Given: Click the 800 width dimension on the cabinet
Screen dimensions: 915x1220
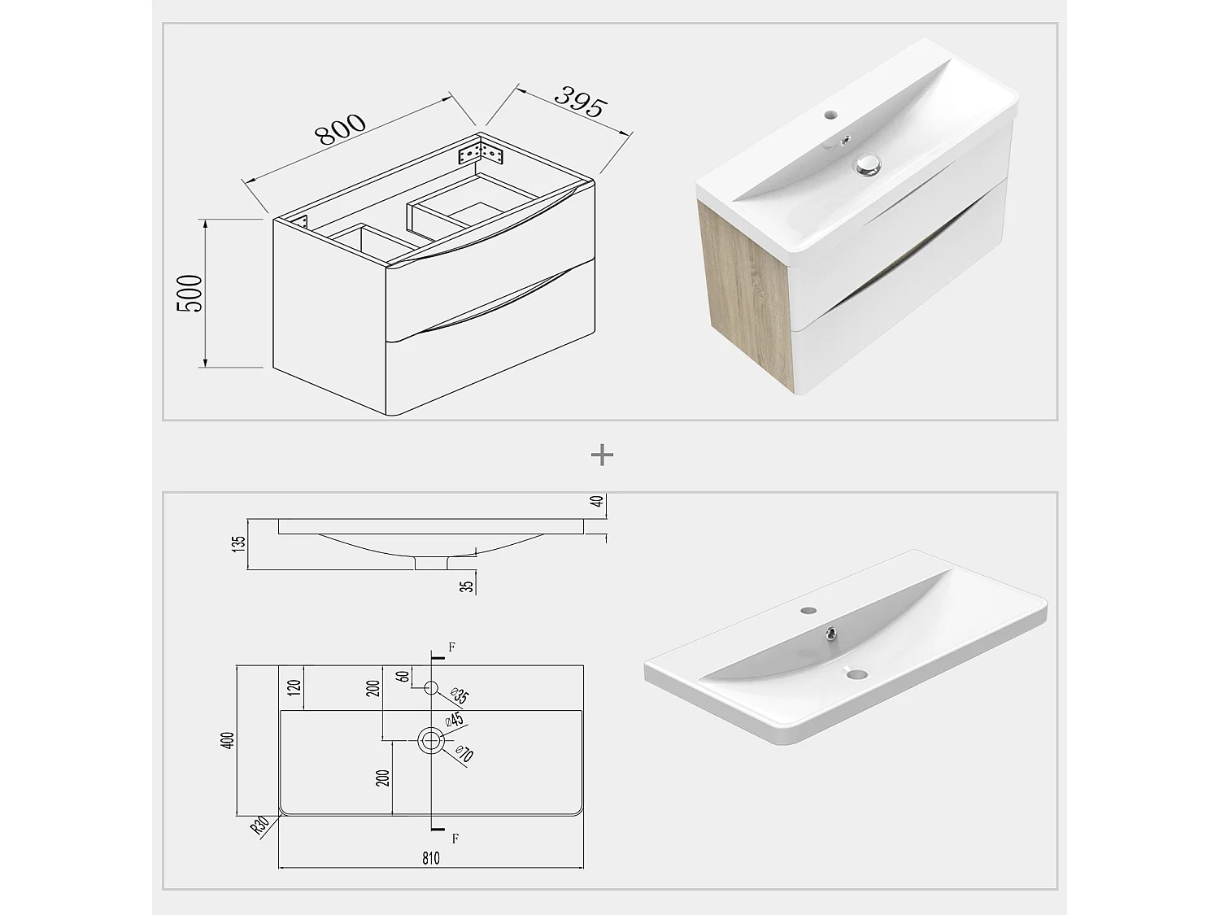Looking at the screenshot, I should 342,130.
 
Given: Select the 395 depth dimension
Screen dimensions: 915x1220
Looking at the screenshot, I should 581,102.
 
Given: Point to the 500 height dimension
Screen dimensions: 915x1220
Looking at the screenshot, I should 190,294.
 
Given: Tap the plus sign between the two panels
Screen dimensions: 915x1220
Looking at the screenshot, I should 602,455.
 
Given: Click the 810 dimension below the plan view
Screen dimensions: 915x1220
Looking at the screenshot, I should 431,857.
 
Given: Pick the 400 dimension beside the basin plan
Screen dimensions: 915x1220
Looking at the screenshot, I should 229,740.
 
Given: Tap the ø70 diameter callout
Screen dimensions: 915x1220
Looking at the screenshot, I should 464,755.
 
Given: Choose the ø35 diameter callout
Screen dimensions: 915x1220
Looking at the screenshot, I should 460,696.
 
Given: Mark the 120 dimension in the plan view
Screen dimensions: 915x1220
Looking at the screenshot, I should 294,688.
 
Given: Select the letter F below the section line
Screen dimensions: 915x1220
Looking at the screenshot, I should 455,839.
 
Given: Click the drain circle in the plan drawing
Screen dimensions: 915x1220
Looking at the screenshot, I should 431,740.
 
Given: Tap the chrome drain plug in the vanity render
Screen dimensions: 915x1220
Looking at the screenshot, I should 868,165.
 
